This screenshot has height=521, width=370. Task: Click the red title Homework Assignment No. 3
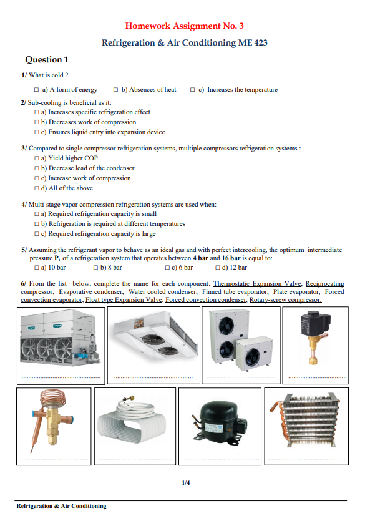pos(185,26)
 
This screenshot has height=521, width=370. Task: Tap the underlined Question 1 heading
pos(46,60)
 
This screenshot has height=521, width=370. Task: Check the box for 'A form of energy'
pos(37,90)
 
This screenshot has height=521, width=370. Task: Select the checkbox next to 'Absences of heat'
pos(116,90)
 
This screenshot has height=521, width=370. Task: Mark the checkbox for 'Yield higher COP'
pos(37,158)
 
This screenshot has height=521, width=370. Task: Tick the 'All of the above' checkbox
pos(37,188)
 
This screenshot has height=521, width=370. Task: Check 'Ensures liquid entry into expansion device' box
pos(37,132)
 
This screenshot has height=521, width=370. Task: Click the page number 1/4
pos(185,483)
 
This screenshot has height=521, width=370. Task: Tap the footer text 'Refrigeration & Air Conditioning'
pos(61,506)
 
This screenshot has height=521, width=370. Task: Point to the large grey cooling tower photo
pos(59,341)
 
